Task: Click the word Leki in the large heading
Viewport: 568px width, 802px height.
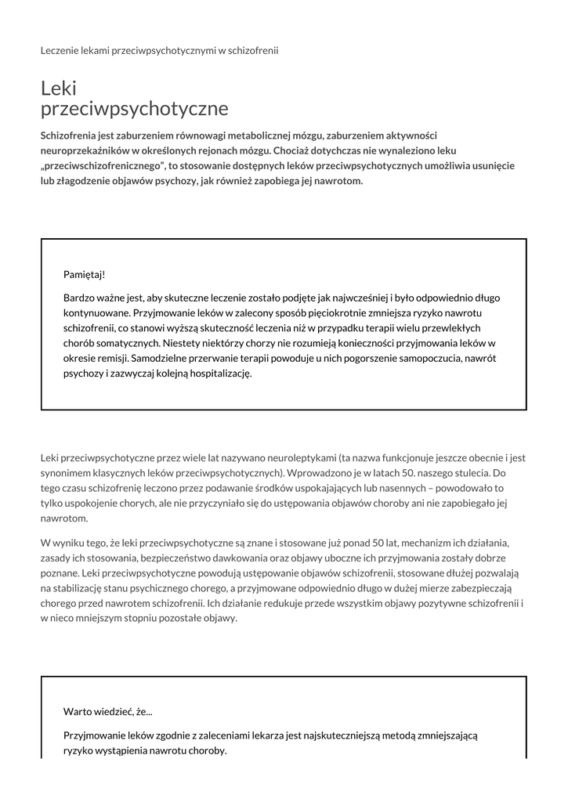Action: coord(59,88)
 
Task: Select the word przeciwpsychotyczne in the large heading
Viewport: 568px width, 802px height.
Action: coord(134,108)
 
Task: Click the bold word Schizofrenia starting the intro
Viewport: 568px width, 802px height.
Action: coord(71,135)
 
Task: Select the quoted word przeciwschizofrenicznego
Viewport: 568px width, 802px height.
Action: coord(103,165)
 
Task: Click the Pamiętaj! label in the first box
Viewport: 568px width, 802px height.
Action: coord(84,274)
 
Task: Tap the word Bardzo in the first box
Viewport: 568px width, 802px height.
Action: coord(79,298)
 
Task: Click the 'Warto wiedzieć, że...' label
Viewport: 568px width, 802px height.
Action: coord(108,711)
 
